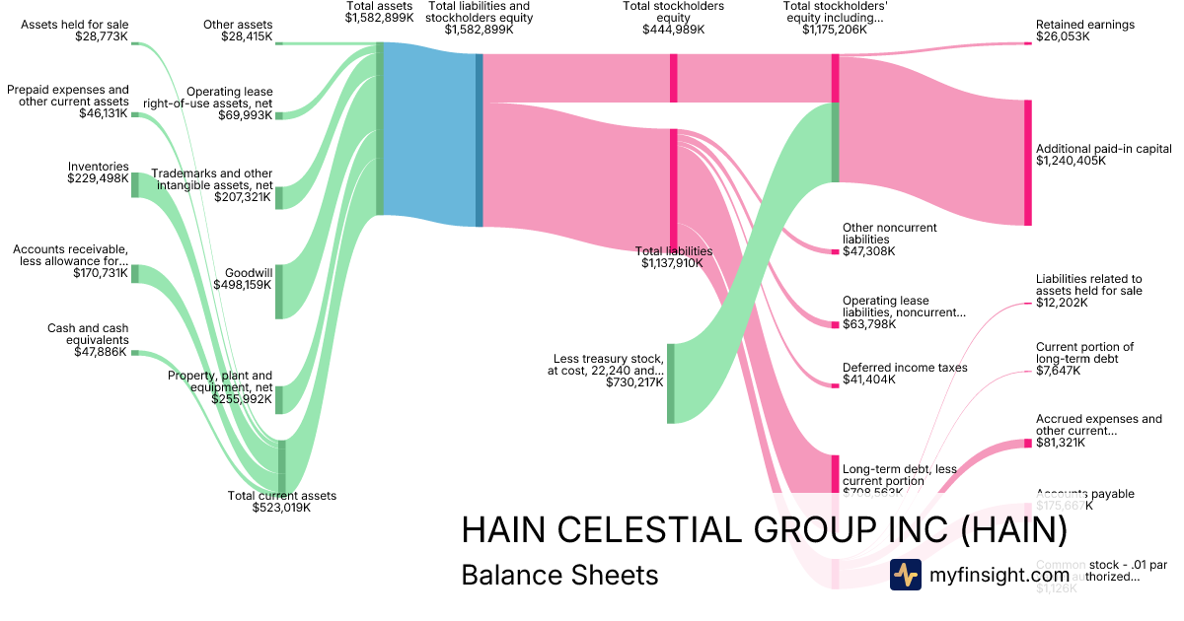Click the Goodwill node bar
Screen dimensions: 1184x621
coord(279,292)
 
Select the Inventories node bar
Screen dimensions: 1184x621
coord(135,185)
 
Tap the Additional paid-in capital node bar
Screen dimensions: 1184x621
coord(1027,163)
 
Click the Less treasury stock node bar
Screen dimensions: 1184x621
coord(670,383)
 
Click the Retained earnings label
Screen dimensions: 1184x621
coord(1085,25)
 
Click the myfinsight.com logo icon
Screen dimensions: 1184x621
coord(905,575)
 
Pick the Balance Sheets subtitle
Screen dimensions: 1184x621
coord(559,575)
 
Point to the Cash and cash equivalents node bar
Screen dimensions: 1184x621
coord(135,352)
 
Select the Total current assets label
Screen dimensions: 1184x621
coord(282,496)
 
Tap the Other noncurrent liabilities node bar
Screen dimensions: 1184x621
coord(835,251)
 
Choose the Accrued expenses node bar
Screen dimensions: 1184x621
coord(1027,444)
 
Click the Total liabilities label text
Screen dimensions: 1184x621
coord(674,251)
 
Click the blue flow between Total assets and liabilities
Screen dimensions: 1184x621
coord(429,134)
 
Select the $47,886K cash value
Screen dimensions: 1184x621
coord(101,352)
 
